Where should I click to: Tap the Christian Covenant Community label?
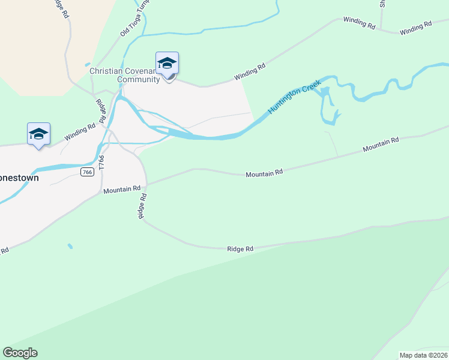[124, 75]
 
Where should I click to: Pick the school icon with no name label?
[38, 134]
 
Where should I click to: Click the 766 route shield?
[88, 172]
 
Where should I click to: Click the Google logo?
[20, 353]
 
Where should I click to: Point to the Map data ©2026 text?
[423, 355]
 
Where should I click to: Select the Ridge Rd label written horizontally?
[240, 248]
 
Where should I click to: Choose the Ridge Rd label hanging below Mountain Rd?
[142, 205]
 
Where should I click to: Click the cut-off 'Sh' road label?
[382, 4]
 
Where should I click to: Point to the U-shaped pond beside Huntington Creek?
[330, 107]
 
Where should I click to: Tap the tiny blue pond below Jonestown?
[70, 246]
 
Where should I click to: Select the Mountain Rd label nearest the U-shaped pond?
[381, 144]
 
